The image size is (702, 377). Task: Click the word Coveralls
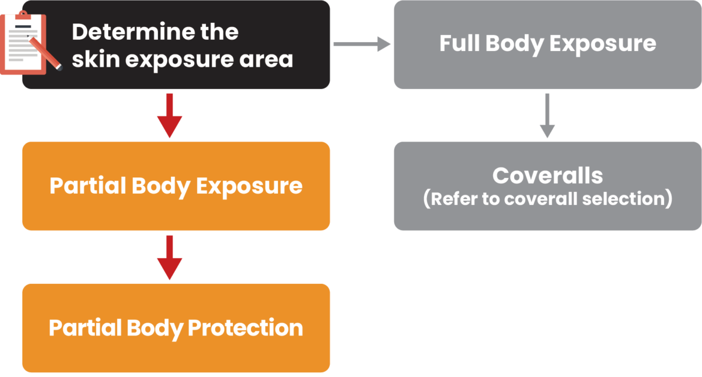548,176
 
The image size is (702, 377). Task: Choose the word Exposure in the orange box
249,186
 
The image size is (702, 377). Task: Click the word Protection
245,328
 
